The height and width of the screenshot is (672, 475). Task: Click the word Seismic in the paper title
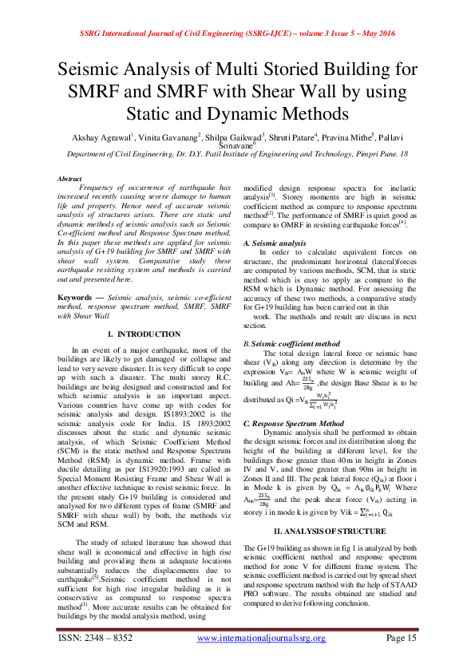[93, 69]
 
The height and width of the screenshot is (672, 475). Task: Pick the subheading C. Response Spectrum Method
[293, 422]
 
